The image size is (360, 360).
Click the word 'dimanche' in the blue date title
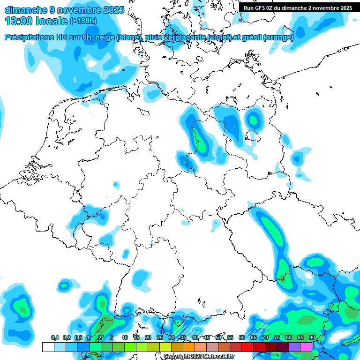point(26,9)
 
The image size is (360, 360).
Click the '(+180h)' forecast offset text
point(83,21)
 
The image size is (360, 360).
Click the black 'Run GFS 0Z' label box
point(298,8)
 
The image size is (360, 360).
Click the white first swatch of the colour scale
point(48,347)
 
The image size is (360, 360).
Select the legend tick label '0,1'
point(55,338)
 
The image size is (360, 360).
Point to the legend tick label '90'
point(312,338)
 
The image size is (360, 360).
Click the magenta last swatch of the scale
point(306,347)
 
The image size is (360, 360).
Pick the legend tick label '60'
point(242,338)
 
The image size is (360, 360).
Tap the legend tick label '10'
point(125,338)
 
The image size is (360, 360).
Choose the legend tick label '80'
point(289,338)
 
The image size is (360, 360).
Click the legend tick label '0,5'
point(78,338)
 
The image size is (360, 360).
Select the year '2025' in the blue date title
point(109,9)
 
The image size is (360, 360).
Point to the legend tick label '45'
point(207,338)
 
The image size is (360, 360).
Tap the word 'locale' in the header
point(52,21)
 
